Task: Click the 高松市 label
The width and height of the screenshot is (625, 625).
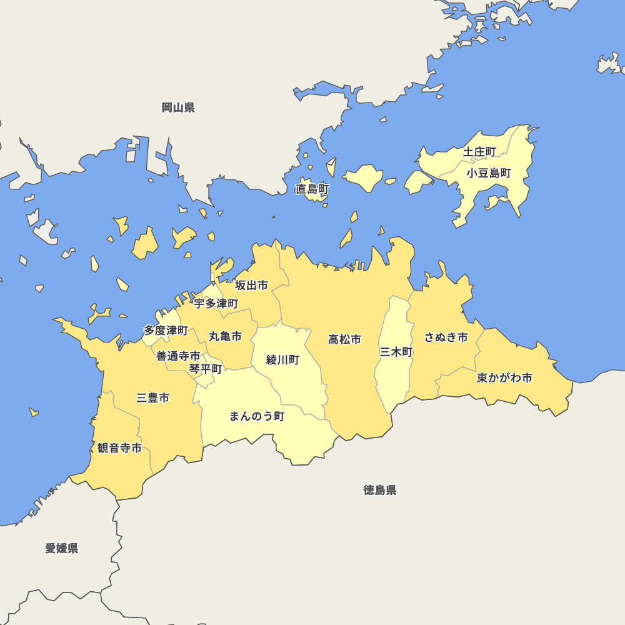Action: (345, 340)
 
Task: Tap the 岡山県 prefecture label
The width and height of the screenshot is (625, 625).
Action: (178, 107)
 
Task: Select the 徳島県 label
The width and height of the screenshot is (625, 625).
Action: (380, 490)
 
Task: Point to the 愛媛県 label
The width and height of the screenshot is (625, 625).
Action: (62, 549)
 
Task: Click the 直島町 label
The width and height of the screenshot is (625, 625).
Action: (312, 189)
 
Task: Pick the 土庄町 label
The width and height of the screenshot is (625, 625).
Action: (479, 152)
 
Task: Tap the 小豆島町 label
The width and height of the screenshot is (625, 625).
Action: (489, 173)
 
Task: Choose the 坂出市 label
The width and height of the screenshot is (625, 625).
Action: (251, 286)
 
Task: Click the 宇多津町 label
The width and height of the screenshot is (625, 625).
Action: (216, 304)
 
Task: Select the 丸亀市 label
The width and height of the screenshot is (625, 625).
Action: (225, 337)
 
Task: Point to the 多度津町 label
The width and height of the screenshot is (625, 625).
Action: (166, 330)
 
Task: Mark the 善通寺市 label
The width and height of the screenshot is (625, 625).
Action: (178, 356)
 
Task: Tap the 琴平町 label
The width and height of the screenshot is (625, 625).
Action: (206, 369)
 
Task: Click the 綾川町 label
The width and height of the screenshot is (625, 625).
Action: (282, 360)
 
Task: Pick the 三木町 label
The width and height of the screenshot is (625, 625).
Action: (396, 352)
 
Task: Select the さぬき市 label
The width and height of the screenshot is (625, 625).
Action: (446, 337)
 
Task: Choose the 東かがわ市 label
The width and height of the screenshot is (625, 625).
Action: (504, 378)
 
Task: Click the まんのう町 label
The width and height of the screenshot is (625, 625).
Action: (257, 416)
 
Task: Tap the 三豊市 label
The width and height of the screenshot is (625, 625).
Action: (153, 397)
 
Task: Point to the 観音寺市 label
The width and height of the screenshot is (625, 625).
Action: (119, 448)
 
